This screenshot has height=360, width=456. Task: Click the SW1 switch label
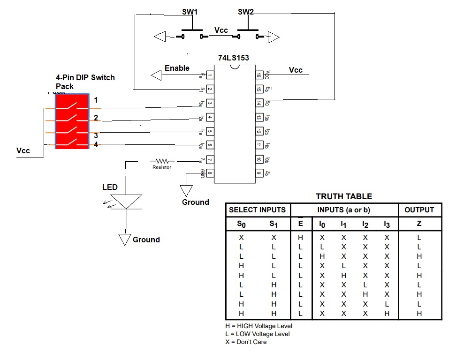tap(190, 12)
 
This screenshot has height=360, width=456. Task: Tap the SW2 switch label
tap(245, 12)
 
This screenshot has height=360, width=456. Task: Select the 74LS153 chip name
tap(233, 58)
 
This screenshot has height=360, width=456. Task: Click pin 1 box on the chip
tap(210, 75)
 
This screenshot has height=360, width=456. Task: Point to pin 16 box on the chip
tap(258, 75)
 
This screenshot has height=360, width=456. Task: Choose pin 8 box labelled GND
tap(210, 173)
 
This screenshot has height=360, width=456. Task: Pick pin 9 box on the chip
tap(258, 173)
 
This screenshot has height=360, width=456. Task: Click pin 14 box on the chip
tap(258, 103)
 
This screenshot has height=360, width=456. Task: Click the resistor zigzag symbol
tap(162, 161)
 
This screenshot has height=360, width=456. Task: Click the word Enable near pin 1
tap(177, 68)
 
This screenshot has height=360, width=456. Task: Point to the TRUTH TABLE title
tap(343, 196)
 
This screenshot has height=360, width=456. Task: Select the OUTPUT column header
tap(419, 210)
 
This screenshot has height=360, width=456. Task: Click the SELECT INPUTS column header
tap(258, 210)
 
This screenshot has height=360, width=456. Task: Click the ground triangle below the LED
tap(124, 239)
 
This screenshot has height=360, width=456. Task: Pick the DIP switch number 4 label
tap(96, 145)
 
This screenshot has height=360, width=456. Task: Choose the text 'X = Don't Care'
tap(246, 342)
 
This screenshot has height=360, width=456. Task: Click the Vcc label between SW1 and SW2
tap(221, 30)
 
